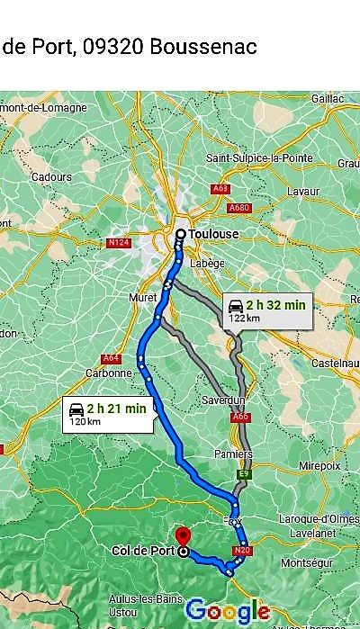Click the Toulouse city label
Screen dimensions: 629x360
pyautogui.click(x=214, y=234)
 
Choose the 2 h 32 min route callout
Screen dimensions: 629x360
pyautogui.click(x=265, y=310)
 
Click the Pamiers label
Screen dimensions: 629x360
pyautogui.click(x=233, y=454)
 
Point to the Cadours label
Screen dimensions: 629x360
pyautogui.click(x=51, y=177)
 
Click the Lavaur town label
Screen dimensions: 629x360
pyautogui.click(x=302, y=192)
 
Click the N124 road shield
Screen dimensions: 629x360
pyautogui.click(x=117, y=242)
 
